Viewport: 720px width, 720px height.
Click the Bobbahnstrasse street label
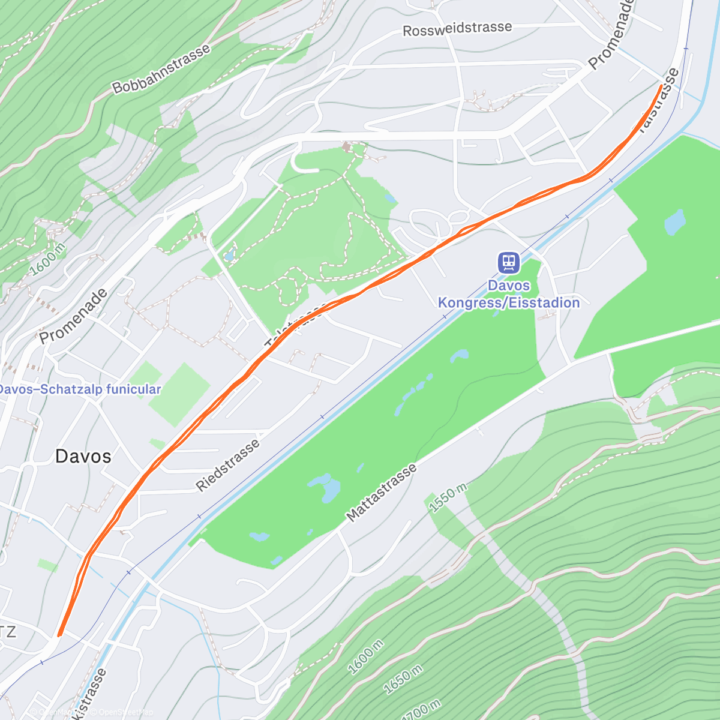pyautogui.click(x=161, y=69)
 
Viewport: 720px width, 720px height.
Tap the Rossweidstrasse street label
pyautogui.click(x=457, y=29)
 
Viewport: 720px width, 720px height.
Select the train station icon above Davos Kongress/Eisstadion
pyautogui.click(x=509, y=263)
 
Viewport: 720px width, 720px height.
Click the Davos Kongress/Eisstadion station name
pyautogui.click(x=509, y=294)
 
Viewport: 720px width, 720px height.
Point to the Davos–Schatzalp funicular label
pyautogui.click(x=79, y=389)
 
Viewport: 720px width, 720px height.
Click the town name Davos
pyautogui.click(x=83, y=457)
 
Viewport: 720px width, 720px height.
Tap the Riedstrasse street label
pyautogui.click(x=229, y=466)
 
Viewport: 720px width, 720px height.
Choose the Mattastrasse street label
pyautogui.click(x=382, y=493)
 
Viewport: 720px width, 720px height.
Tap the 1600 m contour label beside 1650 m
pyautogui.click(x=365, y=656)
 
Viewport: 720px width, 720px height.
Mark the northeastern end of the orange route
pyautogui.click(x=661, y=86)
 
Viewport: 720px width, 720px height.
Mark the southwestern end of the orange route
pyautogui.click(x=59, y=634)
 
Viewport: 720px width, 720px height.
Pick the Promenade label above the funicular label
pyautogui.click(x=74, y=316)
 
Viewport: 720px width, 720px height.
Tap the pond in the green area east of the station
pyautogui.click(x=675, y=222)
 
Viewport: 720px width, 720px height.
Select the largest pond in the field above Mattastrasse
pyautogui.click(x=325, y=487)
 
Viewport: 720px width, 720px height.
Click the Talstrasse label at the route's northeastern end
pyautogui.click(x=658, y=102)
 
